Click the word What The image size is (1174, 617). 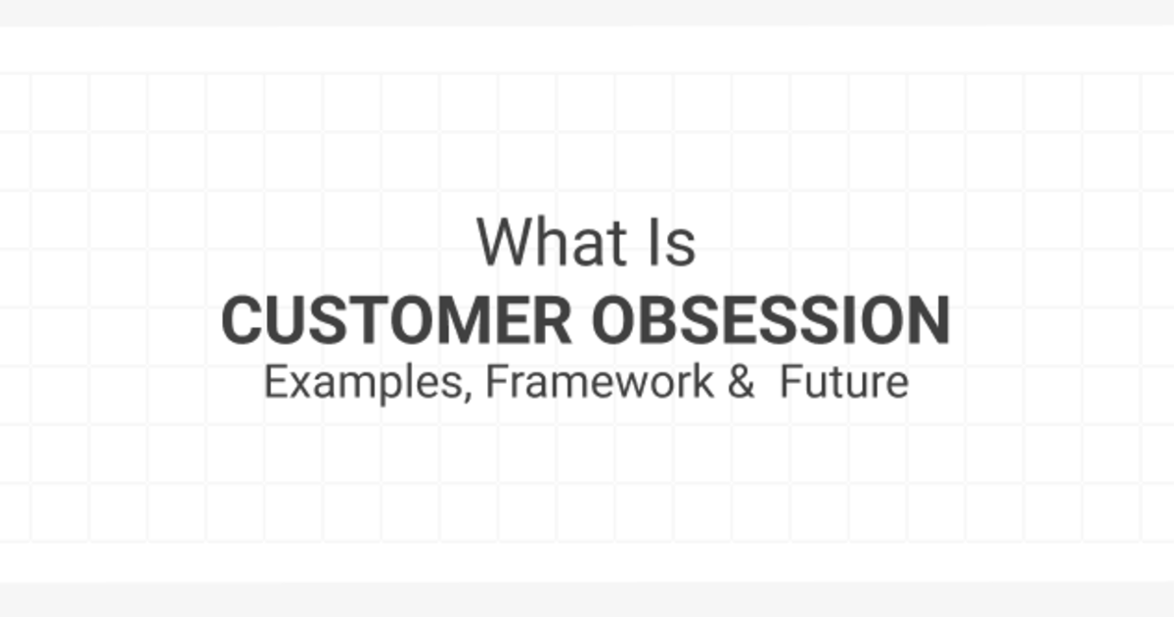tap(552, 242)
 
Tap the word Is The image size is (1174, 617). tap(672, 242)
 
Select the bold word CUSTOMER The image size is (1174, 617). tap(396, 320)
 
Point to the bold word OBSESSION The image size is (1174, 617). tap(771, 320)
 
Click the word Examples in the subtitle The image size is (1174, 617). tap(364, 383)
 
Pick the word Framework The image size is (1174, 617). tap(600, 381)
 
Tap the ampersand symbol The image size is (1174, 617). tap(742, 382)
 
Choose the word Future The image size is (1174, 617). tap(844, 382)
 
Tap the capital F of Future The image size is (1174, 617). tap(792, 382)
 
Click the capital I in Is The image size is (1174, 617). tap(654, 242)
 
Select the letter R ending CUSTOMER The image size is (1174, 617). tap(553, 320)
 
